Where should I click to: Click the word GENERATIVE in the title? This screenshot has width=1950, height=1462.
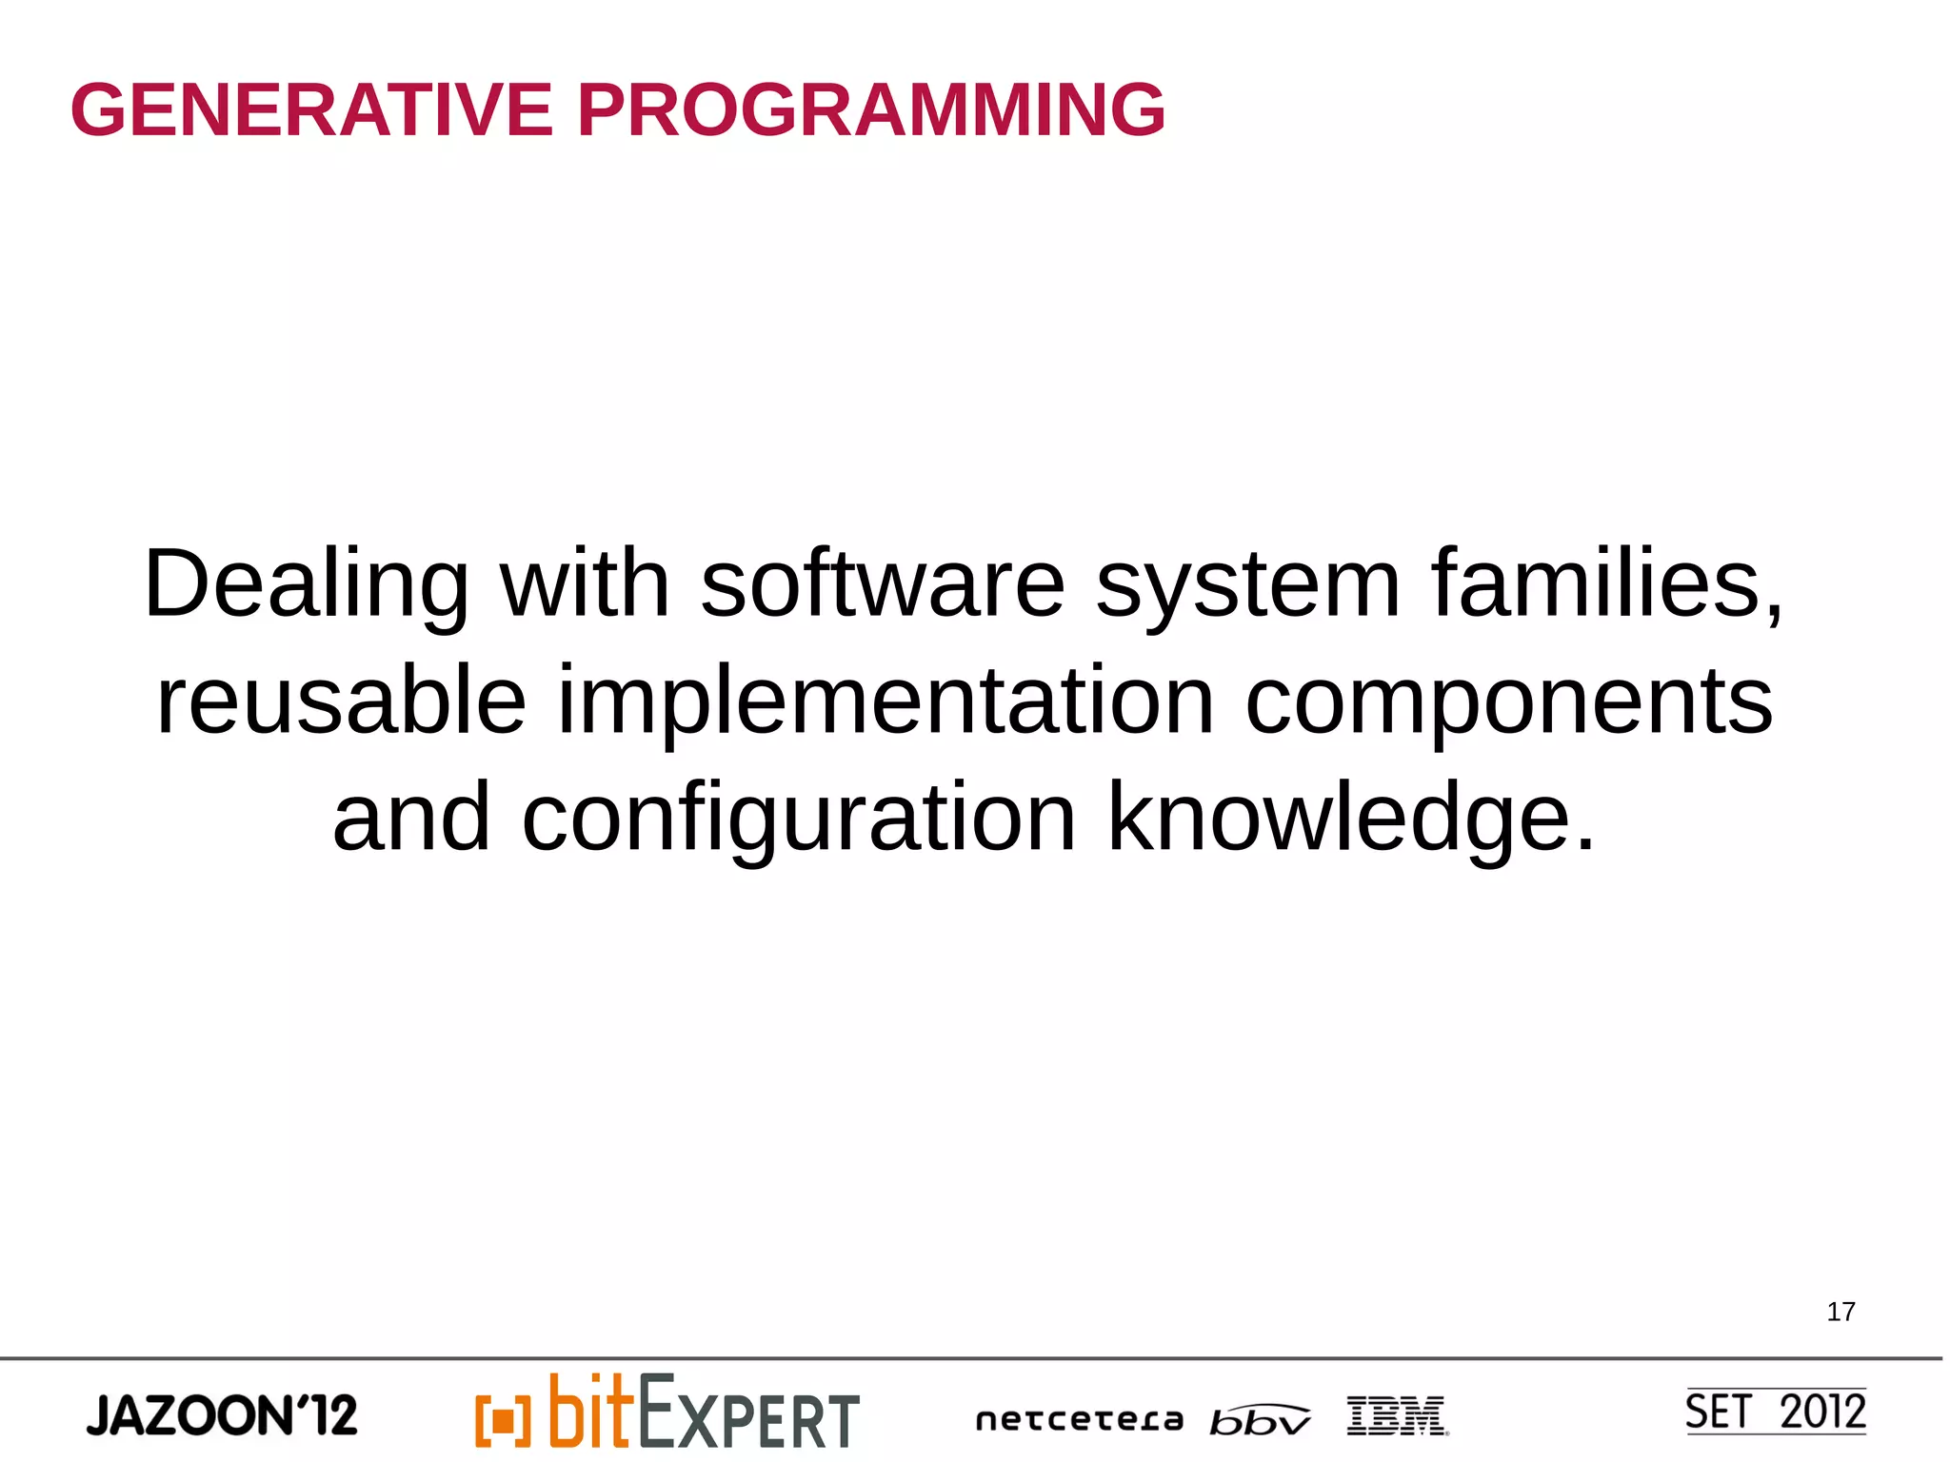point(311,110)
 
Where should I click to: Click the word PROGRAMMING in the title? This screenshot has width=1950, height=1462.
point(870,110)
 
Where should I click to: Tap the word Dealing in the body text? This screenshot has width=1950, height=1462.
point(306,584)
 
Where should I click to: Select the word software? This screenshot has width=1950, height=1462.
point(882,584)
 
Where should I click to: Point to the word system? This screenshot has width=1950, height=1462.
point(1247,584)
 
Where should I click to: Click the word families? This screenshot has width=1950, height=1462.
point(1605,584)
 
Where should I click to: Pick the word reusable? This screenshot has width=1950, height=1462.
point(341,701)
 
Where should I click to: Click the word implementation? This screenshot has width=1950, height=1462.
point(885,701)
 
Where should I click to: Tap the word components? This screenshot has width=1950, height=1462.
point(1508,701)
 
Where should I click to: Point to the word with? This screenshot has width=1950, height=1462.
point(585,584)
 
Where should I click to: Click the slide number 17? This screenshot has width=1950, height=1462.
point(1840,1312)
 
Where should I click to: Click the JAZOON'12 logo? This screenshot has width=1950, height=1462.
point(222,1415)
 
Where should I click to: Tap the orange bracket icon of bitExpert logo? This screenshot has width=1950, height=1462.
point(502,1420)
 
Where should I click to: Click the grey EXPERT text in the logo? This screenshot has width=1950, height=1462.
point(748,1415)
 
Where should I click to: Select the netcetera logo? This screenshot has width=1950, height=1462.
point(1079,1420)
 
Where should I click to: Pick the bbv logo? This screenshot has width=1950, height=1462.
point(1259,1420)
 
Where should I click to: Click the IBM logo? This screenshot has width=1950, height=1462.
point(1397,1415)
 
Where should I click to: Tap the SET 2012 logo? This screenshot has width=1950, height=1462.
point(1775,1412)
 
